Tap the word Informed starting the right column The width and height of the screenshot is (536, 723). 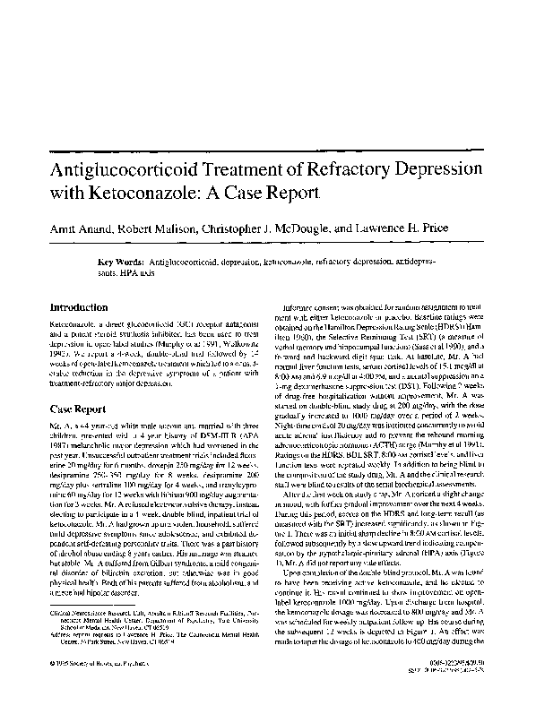click(x=302, y=306)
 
